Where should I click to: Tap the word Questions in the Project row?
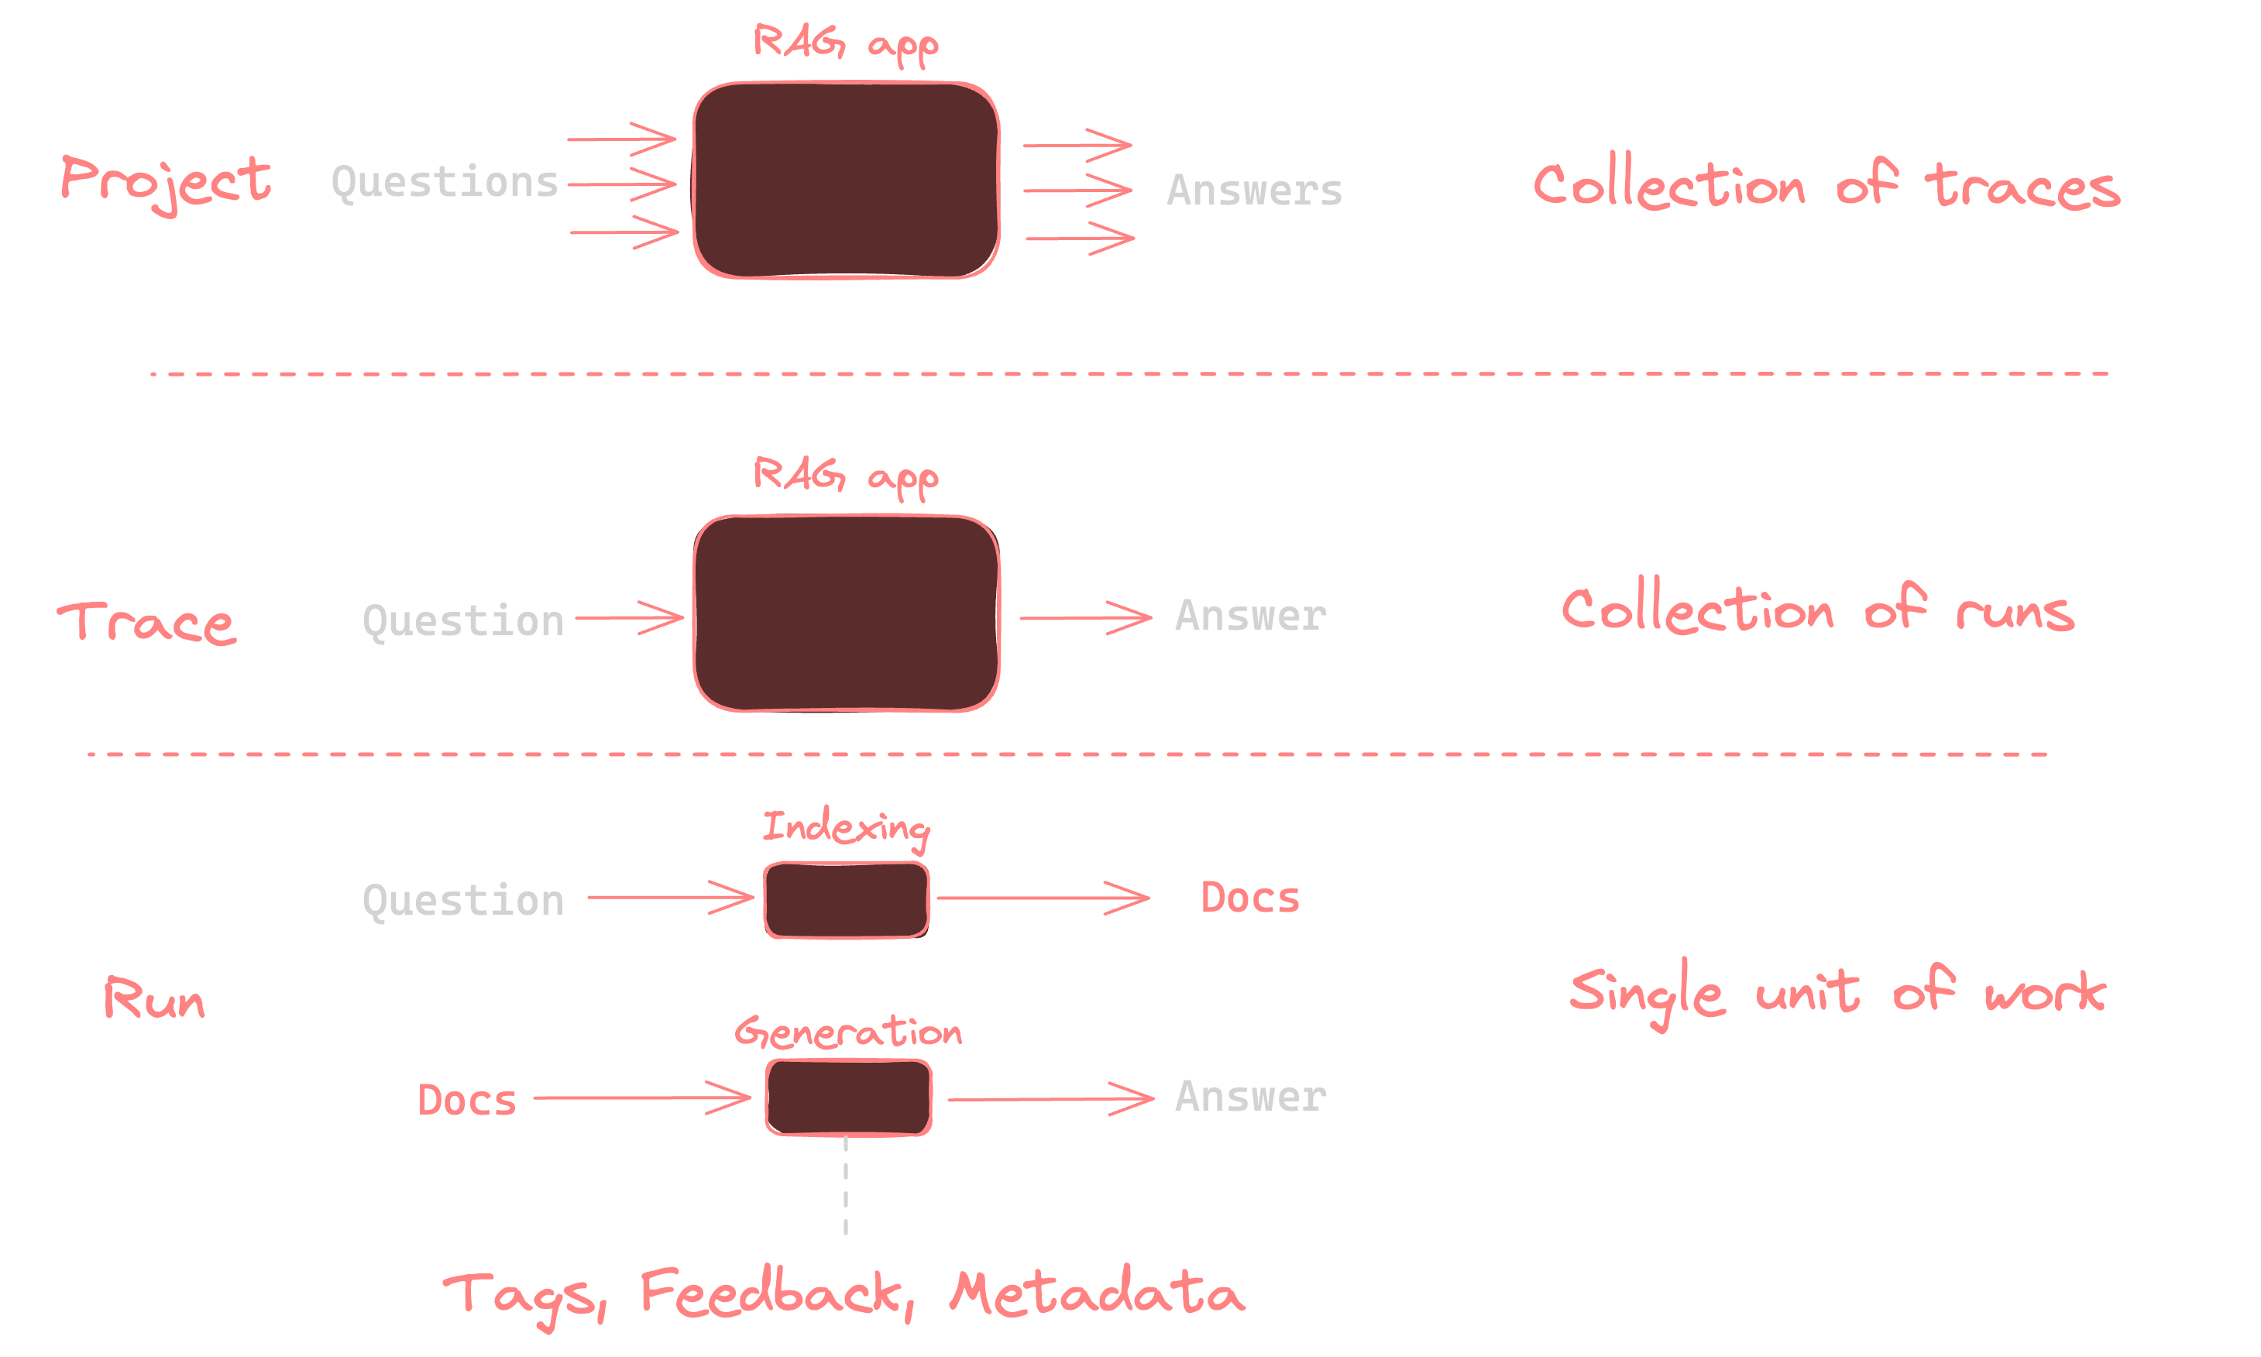pos(445,183)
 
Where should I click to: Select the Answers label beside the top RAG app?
pos(1253,191)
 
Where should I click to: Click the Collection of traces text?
pos(1825,186)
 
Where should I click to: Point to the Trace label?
pos(147,623)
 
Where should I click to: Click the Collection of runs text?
pos(1818,610)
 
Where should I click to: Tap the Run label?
pos(153,998)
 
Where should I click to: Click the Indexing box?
pos(847,900)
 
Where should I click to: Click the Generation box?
pos(848,1098)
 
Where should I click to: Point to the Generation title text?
pos(847,1032)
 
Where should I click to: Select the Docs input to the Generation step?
pos(466,1100)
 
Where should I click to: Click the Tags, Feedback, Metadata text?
pos(843,1294)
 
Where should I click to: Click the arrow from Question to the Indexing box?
pos(670,897)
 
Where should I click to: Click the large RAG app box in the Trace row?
pos(846,613)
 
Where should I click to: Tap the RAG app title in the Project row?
pos(846,43)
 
